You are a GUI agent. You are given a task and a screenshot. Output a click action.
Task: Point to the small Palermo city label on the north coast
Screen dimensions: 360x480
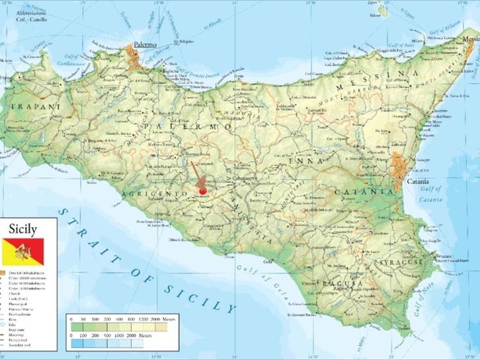[145, 44]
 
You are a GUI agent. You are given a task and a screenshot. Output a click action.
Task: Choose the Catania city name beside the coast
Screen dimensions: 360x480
[417, 180]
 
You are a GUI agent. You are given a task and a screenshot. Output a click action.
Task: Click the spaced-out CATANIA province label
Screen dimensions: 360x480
[360, 192]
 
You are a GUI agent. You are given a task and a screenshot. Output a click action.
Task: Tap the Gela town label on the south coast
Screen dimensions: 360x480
[267, 262]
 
